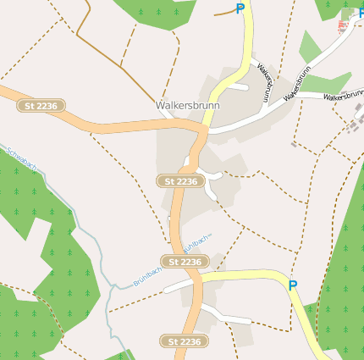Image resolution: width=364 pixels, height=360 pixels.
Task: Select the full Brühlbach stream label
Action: (x=147, y=277)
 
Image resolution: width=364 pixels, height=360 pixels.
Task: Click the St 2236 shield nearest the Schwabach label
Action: (x=41, y=105)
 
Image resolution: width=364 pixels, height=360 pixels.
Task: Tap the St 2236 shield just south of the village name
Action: (x=181, y=181)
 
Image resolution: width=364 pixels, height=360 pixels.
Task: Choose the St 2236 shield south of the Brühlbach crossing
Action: (x=185, y=341)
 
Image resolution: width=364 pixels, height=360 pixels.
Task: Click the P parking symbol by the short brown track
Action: (x=240, y=8)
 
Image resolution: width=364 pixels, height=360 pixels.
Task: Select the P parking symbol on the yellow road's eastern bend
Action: (x=293, y=285)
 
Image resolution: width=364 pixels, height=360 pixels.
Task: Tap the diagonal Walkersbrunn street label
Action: (x=302, y=86)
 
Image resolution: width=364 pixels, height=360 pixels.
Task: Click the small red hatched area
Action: (x=344, y=25)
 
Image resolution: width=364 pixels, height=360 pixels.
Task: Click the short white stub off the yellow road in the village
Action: (x=236, y=86)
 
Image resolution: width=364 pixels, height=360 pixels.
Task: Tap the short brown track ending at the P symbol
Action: (x=225, y=14)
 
